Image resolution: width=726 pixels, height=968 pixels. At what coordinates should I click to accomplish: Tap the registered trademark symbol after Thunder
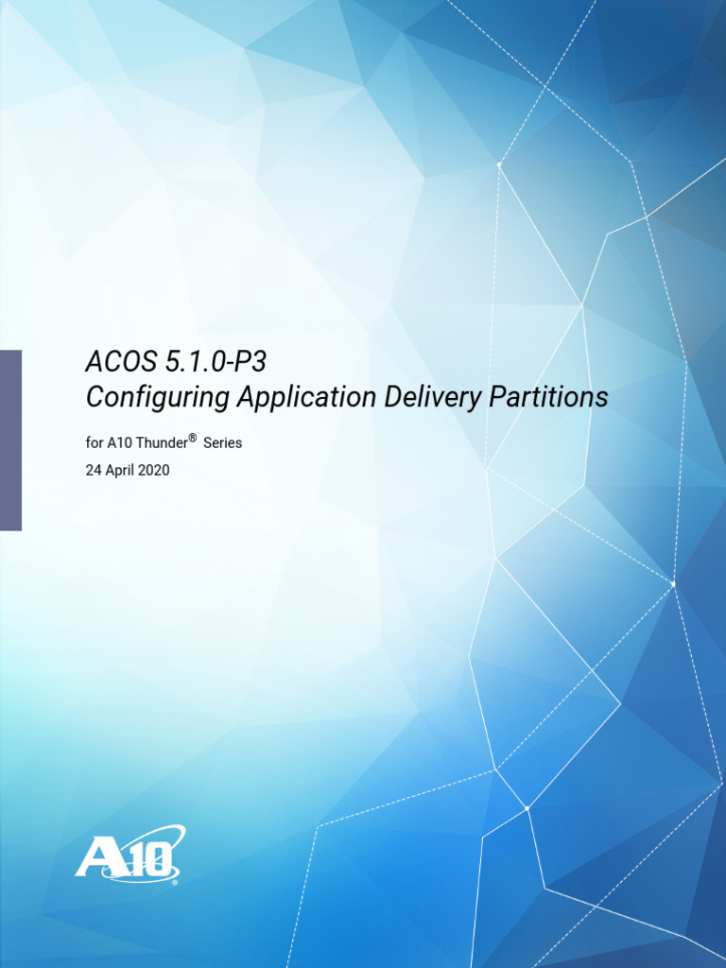click(x=192, y=438)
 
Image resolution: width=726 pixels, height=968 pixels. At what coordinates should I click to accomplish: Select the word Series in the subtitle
click(x=223, y=442)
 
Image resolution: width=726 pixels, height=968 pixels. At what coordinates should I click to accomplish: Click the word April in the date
click(x=119, y=470)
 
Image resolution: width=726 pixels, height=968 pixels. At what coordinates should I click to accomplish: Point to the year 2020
click(x=154, y=470)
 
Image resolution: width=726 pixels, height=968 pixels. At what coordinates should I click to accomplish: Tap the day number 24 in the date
click(x=94, y=470)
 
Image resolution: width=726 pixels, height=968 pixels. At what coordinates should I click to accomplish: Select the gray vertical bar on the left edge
click(x=10, y=440)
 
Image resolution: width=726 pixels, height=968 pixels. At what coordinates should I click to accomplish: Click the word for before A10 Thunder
click(x=95, y=442)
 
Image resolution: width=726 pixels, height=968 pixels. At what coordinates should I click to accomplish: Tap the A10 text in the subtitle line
click(x=119, y=442)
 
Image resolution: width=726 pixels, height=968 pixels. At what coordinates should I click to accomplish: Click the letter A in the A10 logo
click(x=97, y=859)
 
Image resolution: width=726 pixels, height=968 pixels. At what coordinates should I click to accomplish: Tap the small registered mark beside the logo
click(x=175, y=882)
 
